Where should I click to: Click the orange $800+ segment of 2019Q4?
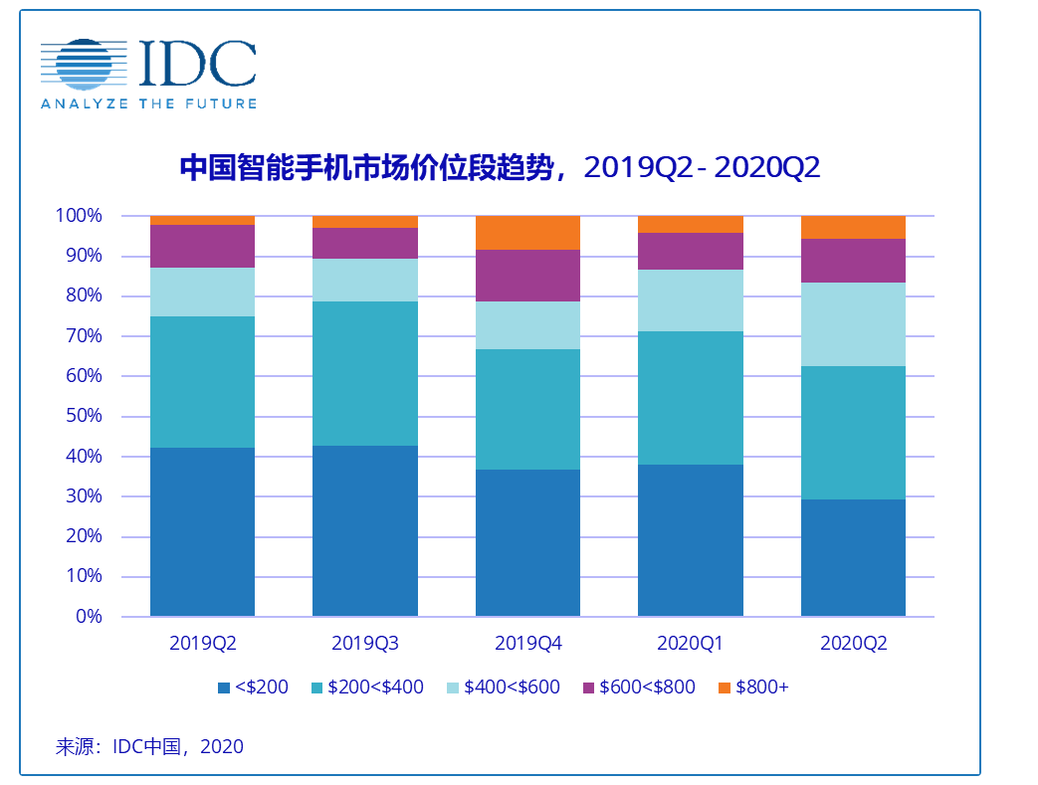click(x=527, y=233)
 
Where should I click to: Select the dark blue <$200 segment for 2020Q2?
click(x=853, y=557)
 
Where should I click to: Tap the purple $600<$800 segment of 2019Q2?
click(x=202, y=246)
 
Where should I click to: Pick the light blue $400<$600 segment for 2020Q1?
click(x=690, y=300)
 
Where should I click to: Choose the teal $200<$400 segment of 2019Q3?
click(x=365, y=373)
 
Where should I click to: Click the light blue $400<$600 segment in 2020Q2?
click(x=853, y=324)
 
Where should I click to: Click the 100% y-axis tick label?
click(x=78, y=216)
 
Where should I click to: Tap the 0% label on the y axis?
click(x=89, y=617)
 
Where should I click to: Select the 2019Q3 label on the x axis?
click(x=365, y=644)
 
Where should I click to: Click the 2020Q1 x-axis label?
click(x=690, y=644)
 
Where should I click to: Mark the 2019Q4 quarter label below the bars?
click(x=527, y=644)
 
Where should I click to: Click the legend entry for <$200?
click(x=254, y=687)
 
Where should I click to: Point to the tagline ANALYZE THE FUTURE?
click(x=148, y=103)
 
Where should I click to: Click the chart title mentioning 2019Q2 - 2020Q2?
click(x=500, y=168)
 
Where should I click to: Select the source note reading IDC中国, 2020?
click(x=149, y=746)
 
